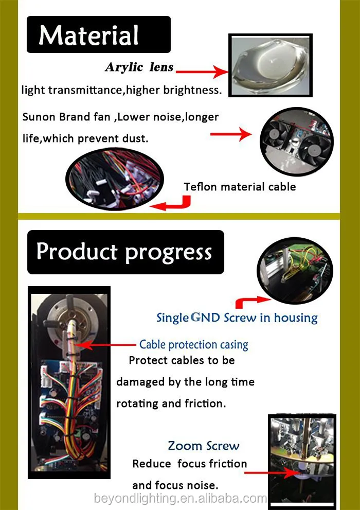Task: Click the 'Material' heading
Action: click(88, 35)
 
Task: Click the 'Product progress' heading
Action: click(124, 252)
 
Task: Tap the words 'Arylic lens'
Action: click(139, 67)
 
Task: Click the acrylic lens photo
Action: click(271, 65)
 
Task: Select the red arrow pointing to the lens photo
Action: click(203, 71)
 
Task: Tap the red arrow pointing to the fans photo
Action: click(231, 134)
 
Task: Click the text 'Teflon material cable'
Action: click(240, 187)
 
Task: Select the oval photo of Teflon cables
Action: click(115, 179)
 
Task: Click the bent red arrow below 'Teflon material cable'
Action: click(171, 203)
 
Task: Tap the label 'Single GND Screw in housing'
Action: click(237, 318)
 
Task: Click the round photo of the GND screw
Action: click(295, 270)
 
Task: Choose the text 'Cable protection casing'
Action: click(194, 345)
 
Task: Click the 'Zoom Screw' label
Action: click(203, 446)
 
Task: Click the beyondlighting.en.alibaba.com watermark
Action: click(181, 498)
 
